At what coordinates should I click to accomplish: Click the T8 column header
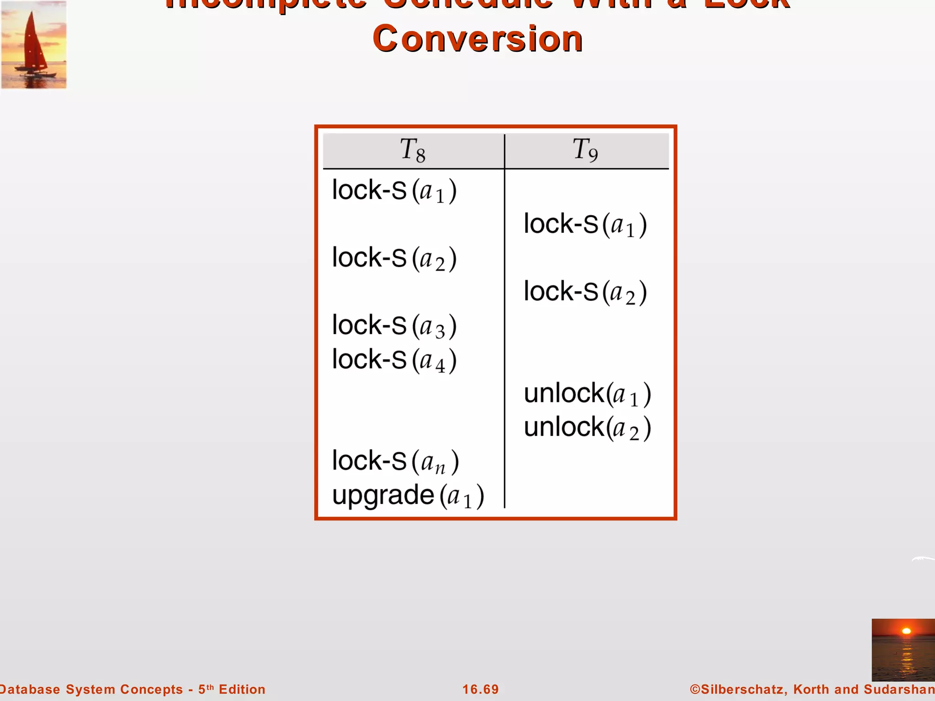[x=413, y=150]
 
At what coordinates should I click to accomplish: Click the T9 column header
[x=585, y=150]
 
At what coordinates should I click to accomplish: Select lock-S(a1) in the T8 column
[x=394, y=191]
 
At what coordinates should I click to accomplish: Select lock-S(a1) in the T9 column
[x=585, y=225]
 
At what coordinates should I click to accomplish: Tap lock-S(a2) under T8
[x=394, y=258]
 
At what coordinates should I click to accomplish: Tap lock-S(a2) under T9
[x=585, y=292]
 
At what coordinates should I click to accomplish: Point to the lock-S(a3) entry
[x=394, y=326]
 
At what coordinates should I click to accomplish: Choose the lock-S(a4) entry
[x=394, y=360]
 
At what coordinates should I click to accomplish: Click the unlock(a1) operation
[x=587, y=394]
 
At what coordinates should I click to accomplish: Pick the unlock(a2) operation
[x=587, y=428]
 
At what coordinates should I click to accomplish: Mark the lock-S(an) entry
[x=395, y=461]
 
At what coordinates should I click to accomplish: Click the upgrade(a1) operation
[x=408, y=496]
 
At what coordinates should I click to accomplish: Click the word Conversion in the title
[x=478, y=39]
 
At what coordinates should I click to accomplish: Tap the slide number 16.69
[x=480, y=689]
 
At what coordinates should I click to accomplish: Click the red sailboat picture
[x=34, y=44]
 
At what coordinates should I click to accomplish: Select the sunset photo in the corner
[x=903, y=650]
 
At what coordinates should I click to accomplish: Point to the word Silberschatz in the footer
[x=741, y=689]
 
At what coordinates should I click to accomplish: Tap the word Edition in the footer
[x=242, y=689]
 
